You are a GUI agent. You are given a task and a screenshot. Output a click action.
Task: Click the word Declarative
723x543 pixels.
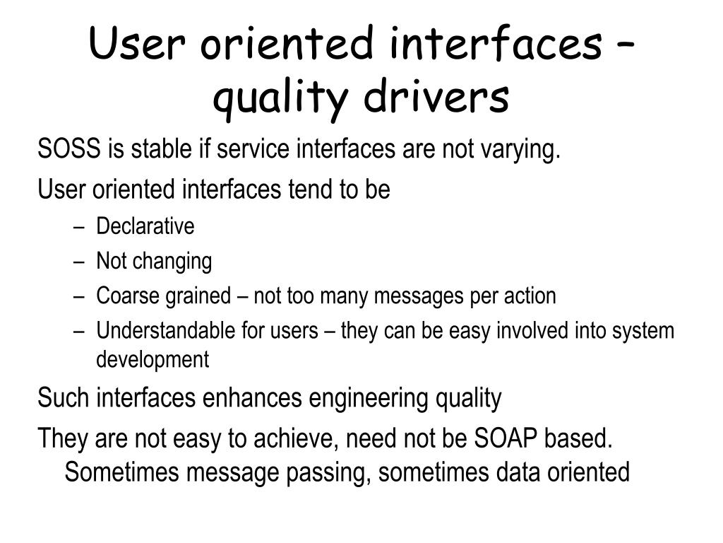(x=145, y=227)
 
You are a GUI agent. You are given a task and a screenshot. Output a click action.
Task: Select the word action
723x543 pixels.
(x=530, y=296)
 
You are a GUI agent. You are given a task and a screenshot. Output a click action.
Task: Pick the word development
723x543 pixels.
(x=153, y=360)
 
